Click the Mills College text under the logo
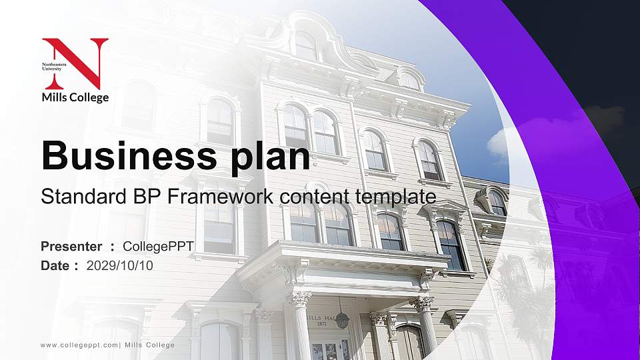(x=75, y=97)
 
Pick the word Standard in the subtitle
(x=74, y=197)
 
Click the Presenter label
(x=71, y=247)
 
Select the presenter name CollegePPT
(x=158, y=247)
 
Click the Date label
(x=55, y=265)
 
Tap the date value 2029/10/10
(x=120, y=265)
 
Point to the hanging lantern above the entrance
(x=342, y=319)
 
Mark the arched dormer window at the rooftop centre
(x=306, y=45)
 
